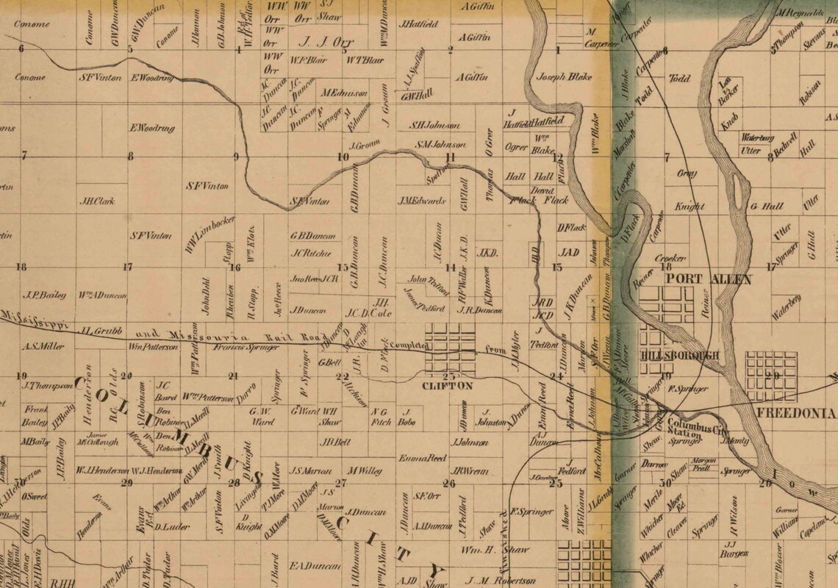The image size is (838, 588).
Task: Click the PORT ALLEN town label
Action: pyautogui.click(x=708, y=279)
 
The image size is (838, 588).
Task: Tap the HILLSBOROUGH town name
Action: pyautogui.click(x=679, y=356)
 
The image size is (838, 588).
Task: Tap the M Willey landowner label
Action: pyautogui.click(x=365, y=470)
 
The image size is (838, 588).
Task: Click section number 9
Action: pyautogui.click(x=237, y=157)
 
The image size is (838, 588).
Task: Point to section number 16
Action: pyautogui.click(x=235, y=267)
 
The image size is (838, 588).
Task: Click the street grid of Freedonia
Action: pyautogui.click(x=771, y=376)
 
